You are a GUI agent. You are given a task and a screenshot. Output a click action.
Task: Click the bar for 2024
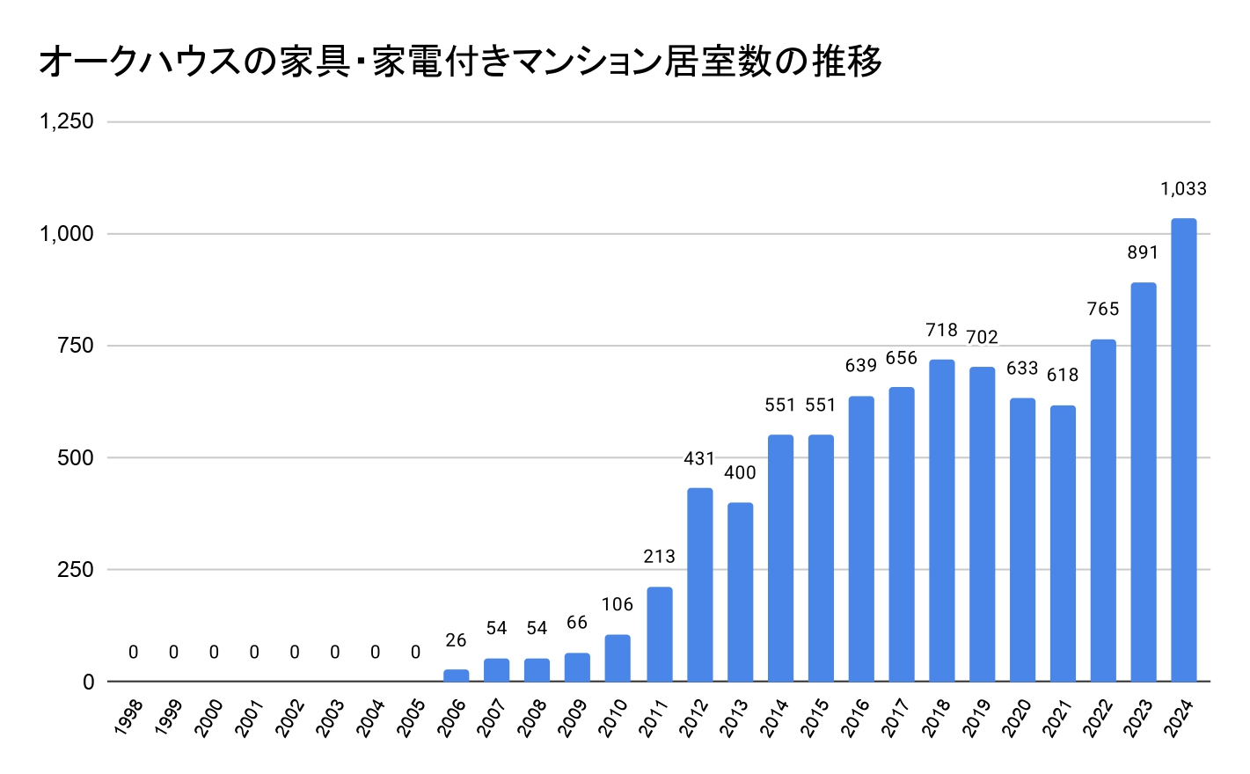click(1183, 449)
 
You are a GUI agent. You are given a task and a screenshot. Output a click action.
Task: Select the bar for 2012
click(699, 584)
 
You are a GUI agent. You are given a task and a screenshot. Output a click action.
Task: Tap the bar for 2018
click(941, 520)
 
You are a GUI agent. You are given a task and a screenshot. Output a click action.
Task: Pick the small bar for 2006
click(456, 675)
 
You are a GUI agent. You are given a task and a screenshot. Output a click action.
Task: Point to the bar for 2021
click(1063, 543)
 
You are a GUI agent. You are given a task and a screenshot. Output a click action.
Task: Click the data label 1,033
click(1183, 189)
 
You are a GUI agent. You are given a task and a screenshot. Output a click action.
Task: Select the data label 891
click(1143, 253)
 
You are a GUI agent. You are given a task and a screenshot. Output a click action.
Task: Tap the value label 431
click(699, 458)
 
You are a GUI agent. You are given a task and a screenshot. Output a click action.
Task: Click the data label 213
click(659, 556)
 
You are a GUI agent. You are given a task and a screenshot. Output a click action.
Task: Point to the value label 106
click(618, 604)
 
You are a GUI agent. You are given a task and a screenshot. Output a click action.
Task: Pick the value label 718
click(941, 331)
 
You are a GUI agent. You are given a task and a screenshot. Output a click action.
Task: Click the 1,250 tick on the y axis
click(67, 121)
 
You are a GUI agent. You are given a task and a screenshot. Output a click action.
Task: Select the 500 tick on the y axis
click(76, 457)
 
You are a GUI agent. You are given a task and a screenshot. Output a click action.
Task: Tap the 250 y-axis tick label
click(76, 569)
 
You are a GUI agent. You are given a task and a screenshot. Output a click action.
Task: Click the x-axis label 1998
click(128, 717)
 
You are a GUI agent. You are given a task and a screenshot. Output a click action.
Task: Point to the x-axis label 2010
click(612, 717)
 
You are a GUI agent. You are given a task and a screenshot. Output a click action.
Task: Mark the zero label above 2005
click(415, 653)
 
